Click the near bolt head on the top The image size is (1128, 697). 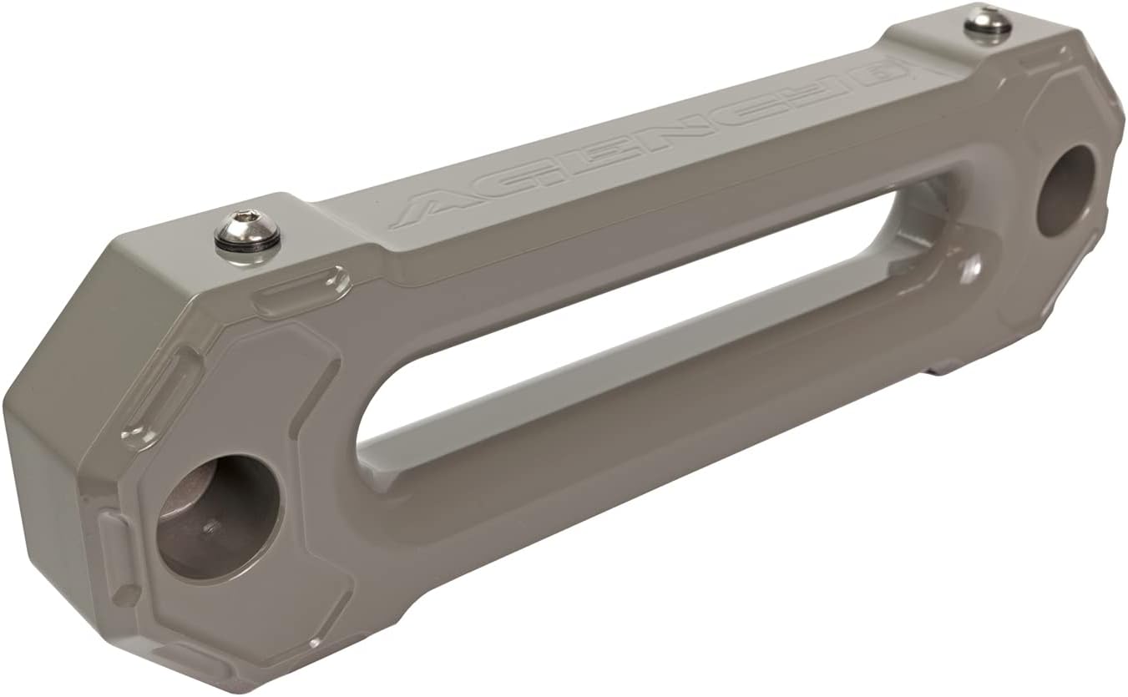246,230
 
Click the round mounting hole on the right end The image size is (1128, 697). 1066,189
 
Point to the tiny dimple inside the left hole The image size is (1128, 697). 211,528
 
